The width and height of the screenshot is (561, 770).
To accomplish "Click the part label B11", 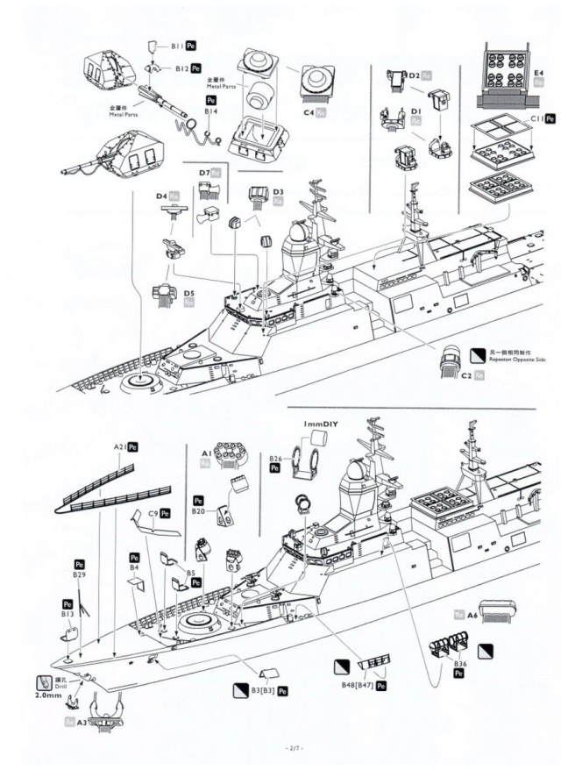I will click(175, 44).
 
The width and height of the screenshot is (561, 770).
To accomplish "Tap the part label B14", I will click(210, 113).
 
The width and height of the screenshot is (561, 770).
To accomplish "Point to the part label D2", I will click(415, 76).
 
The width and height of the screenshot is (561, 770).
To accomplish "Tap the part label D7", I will click(204, 174).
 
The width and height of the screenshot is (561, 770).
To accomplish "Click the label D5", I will click(189, 294).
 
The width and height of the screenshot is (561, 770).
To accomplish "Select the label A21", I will click(120, 446).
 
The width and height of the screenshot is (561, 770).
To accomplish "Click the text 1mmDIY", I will click(321, 424).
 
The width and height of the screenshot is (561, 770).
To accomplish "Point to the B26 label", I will click(275, 459).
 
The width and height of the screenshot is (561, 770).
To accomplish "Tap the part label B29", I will click(79, 574).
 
